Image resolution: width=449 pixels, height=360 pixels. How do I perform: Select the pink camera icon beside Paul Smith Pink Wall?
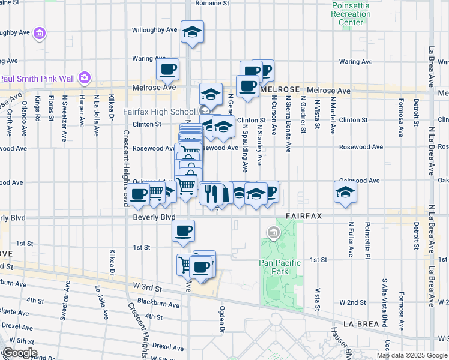pyautogui.click(x=85, y=77)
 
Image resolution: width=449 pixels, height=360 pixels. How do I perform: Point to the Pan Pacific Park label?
pyautogui.click(x=274, y=266)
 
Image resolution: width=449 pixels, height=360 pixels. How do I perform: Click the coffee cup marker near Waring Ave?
pyautogui.click(x=168, y=68)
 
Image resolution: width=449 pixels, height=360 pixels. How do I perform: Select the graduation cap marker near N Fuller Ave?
pyautogui.click(x=346, y=192)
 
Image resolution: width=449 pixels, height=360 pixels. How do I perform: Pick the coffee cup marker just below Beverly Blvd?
pyautogui.click(x=183, y=230)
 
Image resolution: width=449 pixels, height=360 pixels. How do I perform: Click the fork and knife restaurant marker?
pyautogui.click(x=210, y=193)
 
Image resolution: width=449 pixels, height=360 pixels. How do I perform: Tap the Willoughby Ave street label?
pyautogui.click(x=155, y=29)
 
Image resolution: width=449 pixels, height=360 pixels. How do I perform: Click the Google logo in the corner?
pyautogui.click(x=19, y=352)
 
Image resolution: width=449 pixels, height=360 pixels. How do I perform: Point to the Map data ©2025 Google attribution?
pyautogui.click(x=412, y=355)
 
